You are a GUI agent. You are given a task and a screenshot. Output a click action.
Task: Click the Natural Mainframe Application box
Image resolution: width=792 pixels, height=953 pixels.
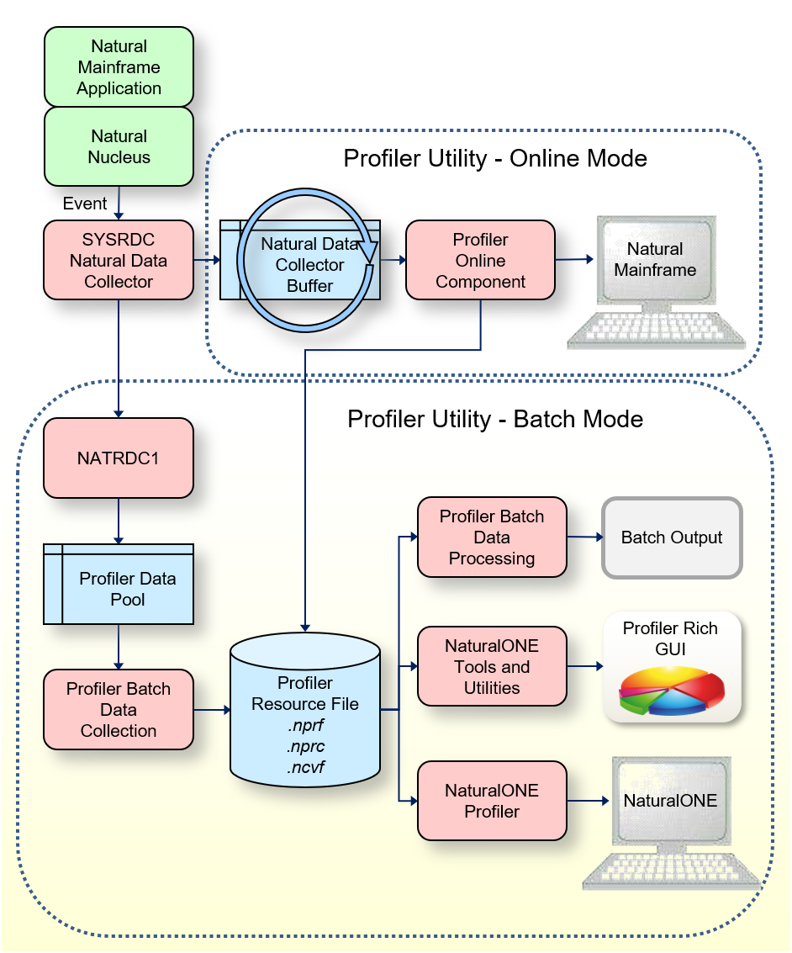click(x=119, y=67)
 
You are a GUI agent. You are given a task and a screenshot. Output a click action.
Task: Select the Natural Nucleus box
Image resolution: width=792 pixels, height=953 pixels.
click(x=119, y=146)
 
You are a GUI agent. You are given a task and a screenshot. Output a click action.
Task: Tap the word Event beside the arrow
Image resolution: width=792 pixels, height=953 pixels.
click(x=85, y=204)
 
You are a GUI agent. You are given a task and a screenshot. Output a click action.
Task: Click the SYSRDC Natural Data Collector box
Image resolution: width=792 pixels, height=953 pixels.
click(x=119, y=261)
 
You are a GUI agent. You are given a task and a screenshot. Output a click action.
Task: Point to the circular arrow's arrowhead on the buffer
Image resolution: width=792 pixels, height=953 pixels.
click(x=367, y=251)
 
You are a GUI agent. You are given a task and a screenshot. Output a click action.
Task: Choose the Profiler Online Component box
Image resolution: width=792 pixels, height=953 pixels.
click(x=480, y=261)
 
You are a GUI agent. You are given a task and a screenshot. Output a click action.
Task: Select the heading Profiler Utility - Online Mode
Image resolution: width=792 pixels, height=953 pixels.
click(x=495, y=159)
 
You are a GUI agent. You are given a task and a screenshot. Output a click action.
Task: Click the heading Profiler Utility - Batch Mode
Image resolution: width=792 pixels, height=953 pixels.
click(x=495, y=419)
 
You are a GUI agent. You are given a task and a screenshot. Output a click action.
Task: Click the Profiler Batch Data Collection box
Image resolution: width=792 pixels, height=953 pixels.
click(x=119, y=709)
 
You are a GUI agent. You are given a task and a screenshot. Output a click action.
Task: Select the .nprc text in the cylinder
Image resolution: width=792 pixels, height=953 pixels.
click(x=305, y=745)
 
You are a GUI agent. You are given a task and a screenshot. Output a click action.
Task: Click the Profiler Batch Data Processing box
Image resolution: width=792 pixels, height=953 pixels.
click(x=492, y=537)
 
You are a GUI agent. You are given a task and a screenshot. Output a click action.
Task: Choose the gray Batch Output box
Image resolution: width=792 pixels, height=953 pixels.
click(x=672, y=537)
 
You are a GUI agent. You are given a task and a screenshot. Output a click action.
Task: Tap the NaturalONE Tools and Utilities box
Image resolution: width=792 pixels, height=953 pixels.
click(x=492, y=666)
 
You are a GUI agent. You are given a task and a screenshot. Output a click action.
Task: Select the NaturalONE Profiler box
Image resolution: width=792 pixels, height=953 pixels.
click(x=492, y=801)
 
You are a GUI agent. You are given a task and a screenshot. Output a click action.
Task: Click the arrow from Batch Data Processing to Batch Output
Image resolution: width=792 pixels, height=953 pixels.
click(x=585, y=537)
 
